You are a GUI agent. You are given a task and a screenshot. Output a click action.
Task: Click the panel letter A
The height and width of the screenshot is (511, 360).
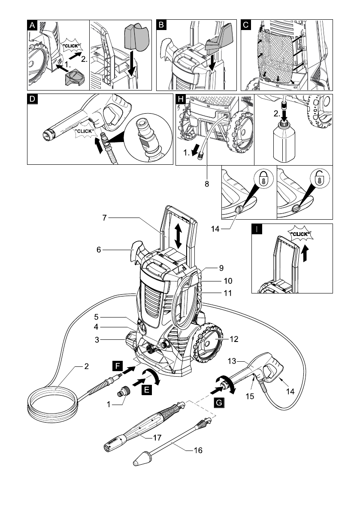pos(32,24)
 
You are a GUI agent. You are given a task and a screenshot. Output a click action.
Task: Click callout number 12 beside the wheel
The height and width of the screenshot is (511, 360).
pos(233,339)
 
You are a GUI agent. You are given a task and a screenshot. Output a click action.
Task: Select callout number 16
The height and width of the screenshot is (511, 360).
pos(198,451)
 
